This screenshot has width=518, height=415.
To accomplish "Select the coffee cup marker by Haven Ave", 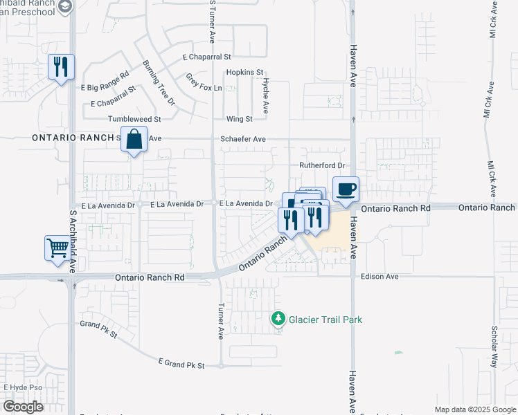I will point(346,188).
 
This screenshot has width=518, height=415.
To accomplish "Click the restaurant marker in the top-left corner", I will point(61,67).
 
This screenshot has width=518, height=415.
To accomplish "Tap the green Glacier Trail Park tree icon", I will point(278,319).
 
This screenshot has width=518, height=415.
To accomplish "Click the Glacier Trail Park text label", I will point(325,320).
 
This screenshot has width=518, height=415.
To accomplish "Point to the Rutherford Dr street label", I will point(322,165).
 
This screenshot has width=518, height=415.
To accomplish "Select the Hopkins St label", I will point(245,72).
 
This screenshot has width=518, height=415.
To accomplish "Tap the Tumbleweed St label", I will point(134,119).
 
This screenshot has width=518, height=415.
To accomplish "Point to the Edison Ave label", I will point(379,277).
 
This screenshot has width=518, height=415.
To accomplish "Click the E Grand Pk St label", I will point(182,363).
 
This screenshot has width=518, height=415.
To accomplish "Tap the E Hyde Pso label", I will point(24,387).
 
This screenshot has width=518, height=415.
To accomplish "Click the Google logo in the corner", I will point(22,407).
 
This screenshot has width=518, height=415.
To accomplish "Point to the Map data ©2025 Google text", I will point(474,409).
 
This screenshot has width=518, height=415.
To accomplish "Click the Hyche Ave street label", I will point(265,95).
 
